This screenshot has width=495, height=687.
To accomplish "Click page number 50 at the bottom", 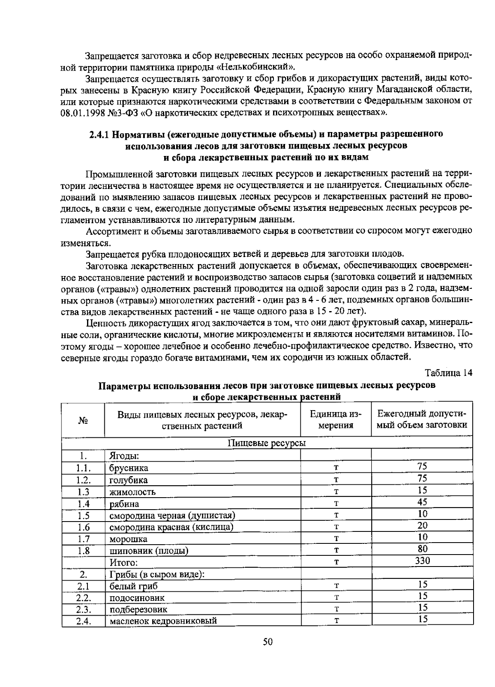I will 268,642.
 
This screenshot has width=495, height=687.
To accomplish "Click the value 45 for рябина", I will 422,502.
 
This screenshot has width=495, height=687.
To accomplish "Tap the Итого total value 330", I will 422,561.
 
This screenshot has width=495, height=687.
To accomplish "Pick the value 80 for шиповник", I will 422,549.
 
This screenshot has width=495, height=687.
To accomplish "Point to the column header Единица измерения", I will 335,420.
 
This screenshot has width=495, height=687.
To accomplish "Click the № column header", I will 83,420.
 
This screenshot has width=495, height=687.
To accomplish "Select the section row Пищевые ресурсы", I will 267,443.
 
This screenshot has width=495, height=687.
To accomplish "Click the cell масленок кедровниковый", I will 163,621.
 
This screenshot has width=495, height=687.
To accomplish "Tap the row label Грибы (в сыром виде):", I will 157,574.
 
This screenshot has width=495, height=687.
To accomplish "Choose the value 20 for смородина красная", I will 422,526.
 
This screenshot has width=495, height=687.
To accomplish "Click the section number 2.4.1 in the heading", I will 100,134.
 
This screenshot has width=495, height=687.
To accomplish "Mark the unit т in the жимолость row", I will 336,492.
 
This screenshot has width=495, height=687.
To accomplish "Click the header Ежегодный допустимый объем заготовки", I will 422,420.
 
